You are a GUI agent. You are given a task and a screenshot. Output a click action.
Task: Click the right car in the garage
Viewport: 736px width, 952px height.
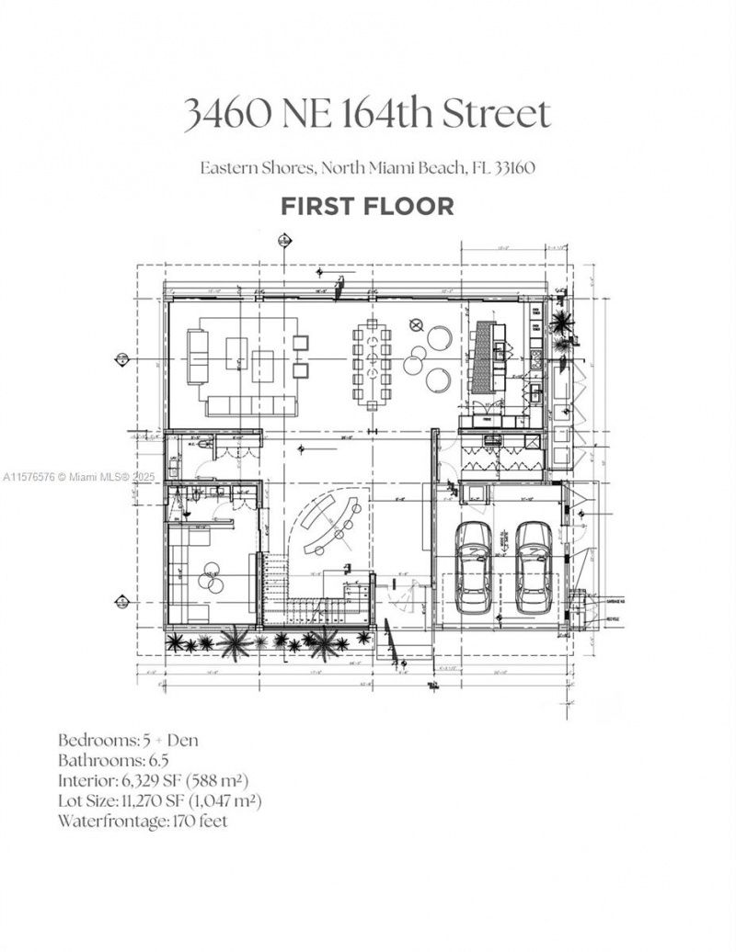point(533,569)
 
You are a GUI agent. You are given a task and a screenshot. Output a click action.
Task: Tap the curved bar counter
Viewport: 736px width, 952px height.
point(328,522)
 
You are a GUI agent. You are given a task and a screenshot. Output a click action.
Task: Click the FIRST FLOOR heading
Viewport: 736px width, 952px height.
point(367,206)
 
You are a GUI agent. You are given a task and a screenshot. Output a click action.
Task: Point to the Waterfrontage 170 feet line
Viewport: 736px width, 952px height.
point(143,821)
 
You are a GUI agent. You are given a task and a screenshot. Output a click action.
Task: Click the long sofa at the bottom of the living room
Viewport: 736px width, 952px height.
point(251,405)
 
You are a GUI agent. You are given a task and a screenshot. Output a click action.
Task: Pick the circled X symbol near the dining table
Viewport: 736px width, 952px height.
point(416,324)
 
